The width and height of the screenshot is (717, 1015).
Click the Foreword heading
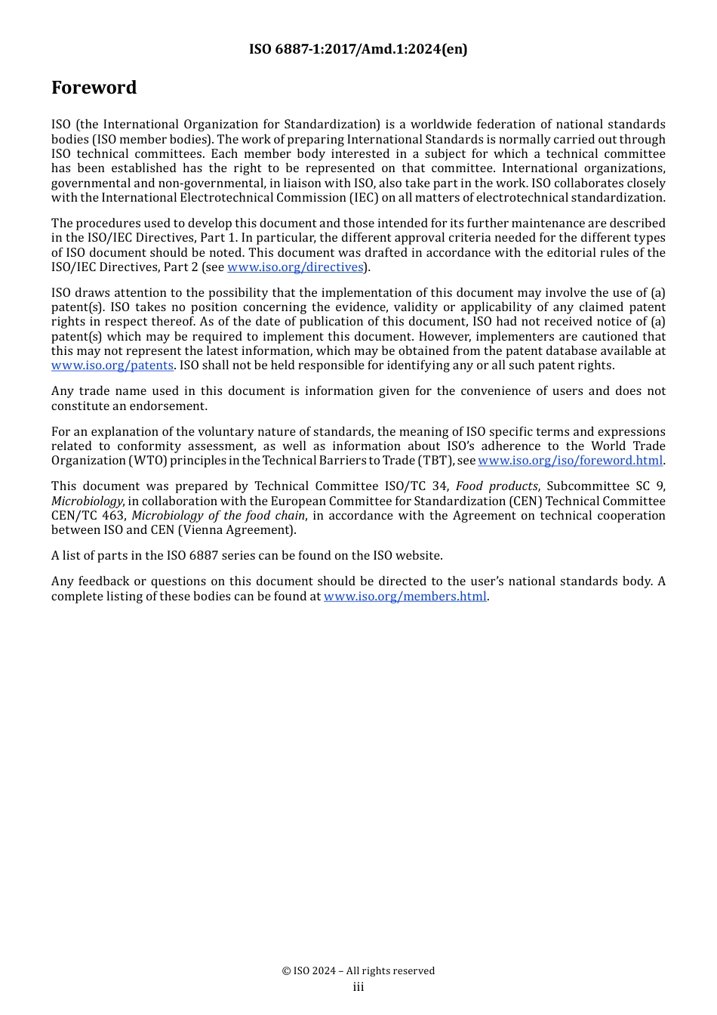(x=94, y=88)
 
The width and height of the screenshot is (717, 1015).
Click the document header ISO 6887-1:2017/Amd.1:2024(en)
(x=358, y=49)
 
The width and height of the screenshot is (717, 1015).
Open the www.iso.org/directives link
(x=295, y=267)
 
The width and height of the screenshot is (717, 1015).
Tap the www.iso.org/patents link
(x=112, y=366)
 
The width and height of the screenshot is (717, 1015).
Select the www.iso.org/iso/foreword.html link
(x=570, y=461)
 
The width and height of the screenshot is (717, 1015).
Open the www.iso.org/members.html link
(x=405, y=597)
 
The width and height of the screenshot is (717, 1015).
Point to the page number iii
(x=358, y=987)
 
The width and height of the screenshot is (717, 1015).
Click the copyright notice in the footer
(x=358, y=971)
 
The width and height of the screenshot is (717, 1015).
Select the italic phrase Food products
(x=497, y=486)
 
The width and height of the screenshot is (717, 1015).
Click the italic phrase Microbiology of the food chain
(x=218, y=516)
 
